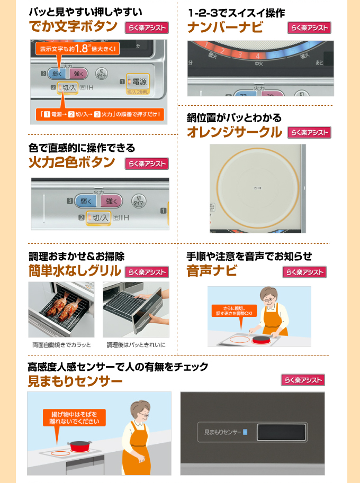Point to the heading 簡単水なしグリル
(x=75, y=271)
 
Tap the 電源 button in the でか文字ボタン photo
(x=139, y=82)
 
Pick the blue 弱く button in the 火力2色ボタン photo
(x=86, y=201)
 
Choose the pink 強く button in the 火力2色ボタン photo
(x=111, y=201)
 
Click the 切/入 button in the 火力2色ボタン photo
(x=98, y=217)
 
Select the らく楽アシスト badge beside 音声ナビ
(x=304, y=272)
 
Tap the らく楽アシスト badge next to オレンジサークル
(x=309, y=133)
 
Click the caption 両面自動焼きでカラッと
(x=61, y=345)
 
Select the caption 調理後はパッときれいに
(x=136, y=345)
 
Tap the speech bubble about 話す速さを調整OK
(x=234, y=311)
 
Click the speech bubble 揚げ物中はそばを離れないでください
(x=75, y=417)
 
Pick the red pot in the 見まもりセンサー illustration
(x=78, y=445)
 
